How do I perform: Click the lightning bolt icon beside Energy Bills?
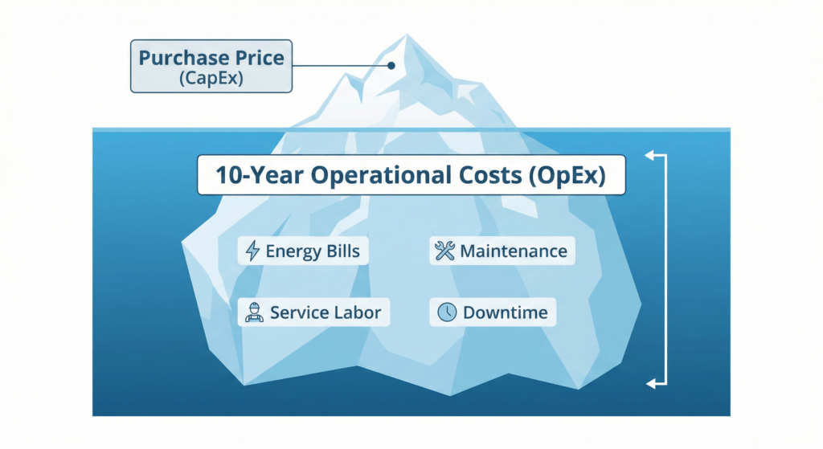pos(252,251)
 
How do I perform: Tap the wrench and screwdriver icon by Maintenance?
pos(444,251)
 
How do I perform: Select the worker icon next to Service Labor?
pos(254,312)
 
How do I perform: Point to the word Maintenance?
pos(513,251)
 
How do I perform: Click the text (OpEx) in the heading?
pos(572,176)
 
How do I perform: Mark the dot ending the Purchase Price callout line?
pos(391,67)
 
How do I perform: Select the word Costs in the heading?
pos(493,176)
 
